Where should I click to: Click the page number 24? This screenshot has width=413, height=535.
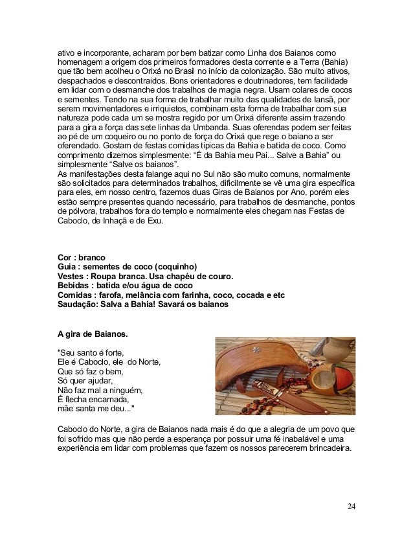pyautogui.click(x=351, y=506)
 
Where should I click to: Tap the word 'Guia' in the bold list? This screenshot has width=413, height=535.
pyautogui.click(x=68, y=267)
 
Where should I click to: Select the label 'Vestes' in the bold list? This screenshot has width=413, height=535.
pyautogui.click(x=72, y=277)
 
